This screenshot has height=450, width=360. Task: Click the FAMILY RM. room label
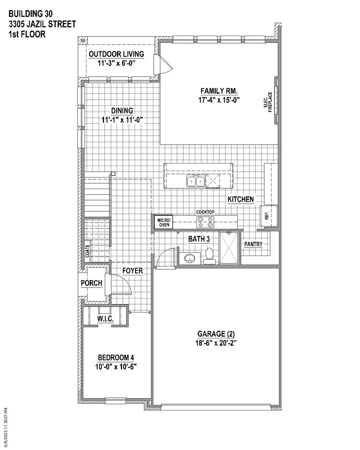pos(219,91)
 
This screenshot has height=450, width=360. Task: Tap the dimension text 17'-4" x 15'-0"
pos(219,100)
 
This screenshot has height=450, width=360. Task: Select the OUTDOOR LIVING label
pos(117,54)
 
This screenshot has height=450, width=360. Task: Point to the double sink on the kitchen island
pos(196,181)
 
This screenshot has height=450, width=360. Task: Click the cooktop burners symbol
pos(205,222)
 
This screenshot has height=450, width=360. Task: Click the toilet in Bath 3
pos(210,256)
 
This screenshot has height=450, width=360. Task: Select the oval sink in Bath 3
pos(190,258)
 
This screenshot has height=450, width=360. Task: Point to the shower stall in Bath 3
pos(229,248)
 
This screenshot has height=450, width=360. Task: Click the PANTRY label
pos(253,244)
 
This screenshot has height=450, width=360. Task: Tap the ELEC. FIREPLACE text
pos(268,102)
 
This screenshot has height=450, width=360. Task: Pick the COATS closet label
pos(87,251)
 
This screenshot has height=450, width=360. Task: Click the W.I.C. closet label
pos(105,319)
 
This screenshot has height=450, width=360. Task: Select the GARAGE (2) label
pos(216,334)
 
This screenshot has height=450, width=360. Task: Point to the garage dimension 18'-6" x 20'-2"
pos(216,343)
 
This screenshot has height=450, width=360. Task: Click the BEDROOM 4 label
pos(116,357)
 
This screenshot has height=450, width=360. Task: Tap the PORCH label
pos(91,283)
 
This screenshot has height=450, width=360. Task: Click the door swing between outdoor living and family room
pos(166,65)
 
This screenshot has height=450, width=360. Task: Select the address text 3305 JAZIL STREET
pos(42,24)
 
